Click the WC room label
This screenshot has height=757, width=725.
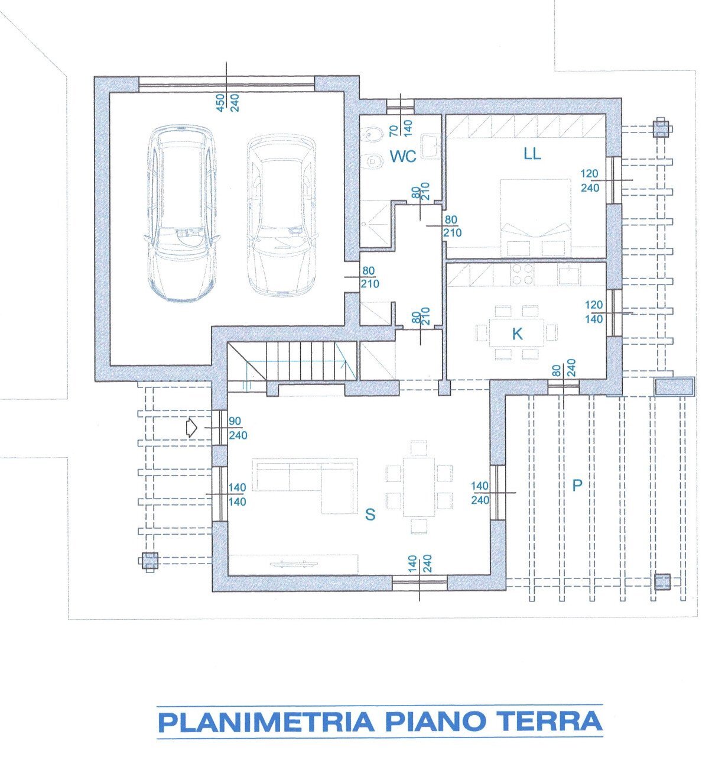pyautogui.click(x=403, y=156)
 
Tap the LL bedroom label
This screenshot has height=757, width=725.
pyautogui.click(x=532, y=154)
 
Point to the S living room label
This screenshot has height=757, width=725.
pyautogui.click(x=370, y=515)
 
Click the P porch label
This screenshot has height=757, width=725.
pyautogui.click(x=577, y=486)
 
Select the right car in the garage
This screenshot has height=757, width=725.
pyautogui.click(x=281, y=215)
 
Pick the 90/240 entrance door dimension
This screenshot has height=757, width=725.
pyautogui.click(x=235, y=428)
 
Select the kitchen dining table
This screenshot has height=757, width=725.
pyautogui.click(x=517, y=333)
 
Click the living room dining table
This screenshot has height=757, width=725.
pyautogui.click(x=419, y=486)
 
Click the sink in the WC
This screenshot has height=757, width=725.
pyautogui.click(x=430, y=144)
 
